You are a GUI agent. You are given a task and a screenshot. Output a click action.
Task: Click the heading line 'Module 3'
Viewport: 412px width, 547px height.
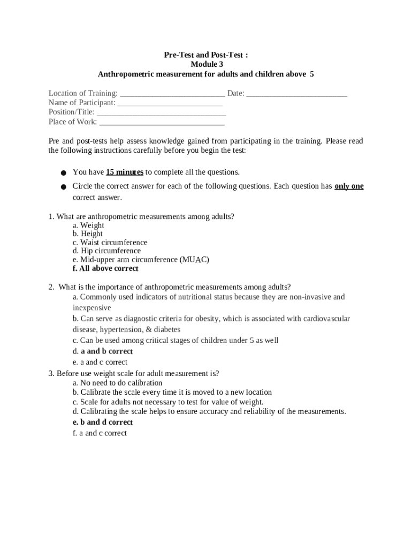[206, 64]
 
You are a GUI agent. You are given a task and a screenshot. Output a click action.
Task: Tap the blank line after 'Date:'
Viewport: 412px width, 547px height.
[297, 94]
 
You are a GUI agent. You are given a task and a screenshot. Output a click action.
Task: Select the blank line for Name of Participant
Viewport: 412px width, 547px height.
[170, 103]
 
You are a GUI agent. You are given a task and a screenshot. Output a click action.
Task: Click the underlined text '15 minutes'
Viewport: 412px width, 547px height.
[125, 172]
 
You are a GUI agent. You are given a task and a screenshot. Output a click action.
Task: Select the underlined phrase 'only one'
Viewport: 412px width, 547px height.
[349, 186]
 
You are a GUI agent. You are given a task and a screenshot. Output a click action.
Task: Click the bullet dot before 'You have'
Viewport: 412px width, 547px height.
[63, 173]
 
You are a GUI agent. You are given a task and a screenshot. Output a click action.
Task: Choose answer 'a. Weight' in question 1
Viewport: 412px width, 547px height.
[88, 225]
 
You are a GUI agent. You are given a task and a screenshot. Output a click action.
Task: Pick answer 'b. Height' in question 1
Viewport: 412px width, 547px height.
[88, 234]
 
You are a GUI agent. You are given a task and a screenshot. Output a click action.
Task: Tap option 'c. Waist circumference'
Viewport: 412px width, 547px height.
[110, 243]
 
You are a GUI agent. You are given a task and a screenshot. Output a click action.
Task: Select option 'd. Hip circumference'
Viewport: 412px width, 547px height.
[106, 251]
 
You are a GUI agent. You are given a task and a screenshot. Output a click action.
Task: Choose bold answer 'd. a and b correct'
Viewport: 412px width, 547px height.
[103, 351]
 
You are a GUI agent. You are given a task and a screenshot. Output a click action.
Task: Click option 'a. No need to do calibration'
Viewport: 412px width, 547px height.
[117, 383]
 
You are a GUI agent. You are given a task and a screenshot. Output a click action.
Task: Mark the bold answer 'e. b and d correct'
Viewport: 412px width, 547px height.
[103, 422]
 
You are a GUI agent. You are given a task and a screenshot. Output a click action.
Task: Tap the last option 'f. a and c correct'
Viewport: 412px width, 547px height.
[100, 433]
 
